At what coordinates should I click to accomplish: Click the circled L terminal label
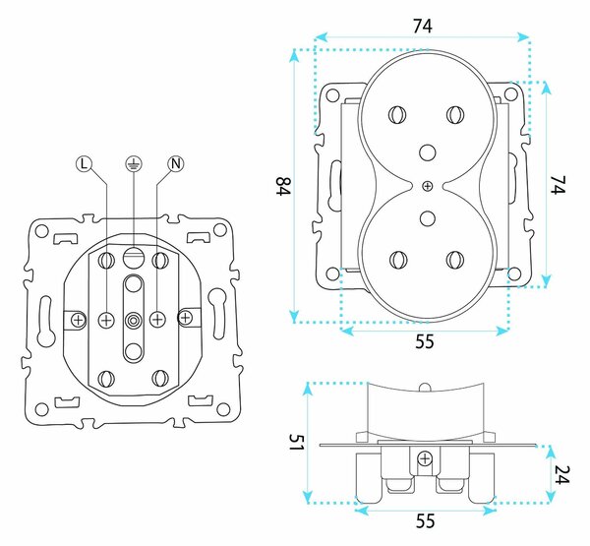(84, 163)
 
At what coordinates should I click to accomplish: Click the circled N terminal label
(176, 163)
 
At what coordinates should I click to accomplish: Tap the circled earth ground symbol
(134, 163)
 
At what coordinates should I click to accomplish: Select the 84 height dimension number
(283, 186)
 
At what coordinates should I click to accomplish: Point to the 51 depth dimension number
(296, 442)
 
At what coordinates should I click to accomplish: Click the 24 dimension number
(561, 474)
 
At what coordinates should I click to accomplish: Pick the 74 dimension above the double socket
(423, 27)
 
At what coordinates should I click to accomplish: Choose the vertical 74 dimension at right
(558, 185)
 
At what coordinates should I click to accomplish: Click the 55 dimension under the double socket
(425, 341)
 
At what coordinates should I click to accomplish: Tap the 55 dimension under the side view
(425, 521)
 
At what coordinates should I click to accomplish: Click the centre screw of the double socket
(427, 186)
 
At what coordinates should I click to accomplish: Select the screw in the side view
(425, 458)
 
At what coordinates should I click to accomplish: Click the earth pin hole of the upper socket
(427, 152)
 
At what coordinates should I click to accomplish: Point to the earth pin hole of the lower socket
(427, 218)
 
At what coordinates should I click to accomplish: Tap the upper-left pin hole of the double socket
(397, 114)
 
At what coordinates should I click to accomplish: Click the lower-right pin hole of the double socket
(455, 260)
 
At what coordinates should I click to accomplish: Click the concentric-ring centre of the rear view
(133, 320)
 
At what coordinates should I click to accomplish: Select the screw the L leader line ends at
(106, 320)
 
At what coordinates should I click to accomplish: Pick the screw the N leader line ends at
(157, 320)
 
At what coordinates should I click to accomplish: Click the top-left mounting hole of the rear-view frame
(42, 231)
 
